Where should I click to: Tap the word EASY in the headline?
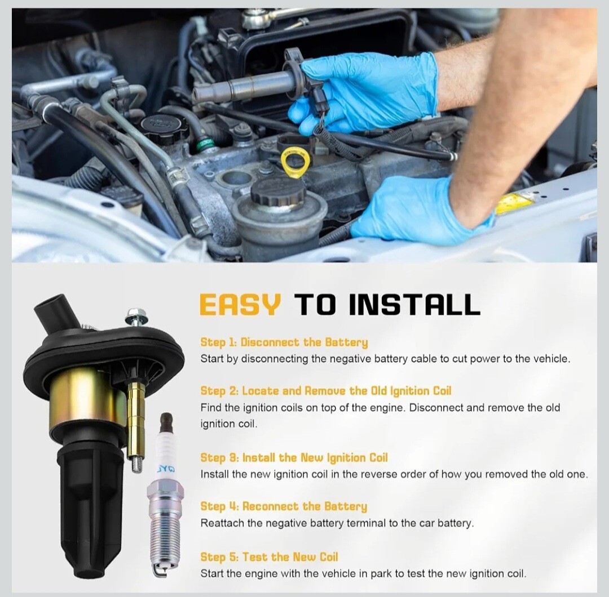(240, 305)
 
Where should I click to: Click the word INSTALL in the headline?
(414, 305)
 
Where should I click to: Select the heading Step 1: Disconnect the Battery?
(284, 342)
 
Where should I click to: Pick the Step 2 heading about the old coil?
(326, 391)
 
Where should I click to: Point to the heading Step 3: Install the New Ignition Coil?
(294, 458)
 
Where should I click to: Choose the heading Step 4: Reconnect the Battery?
(284, 506)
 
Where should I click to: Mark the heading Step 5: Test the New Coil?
(269, 557)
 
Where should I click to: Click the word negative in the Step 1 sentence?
(349, 359)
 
